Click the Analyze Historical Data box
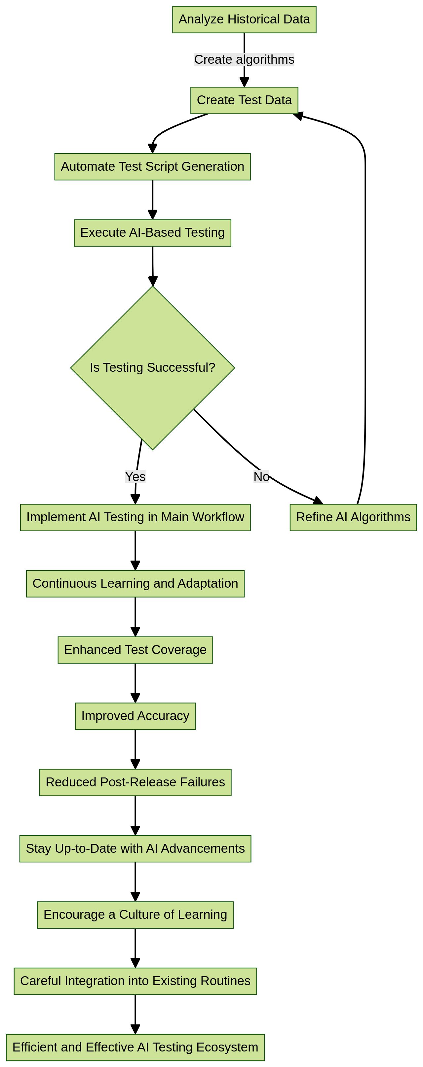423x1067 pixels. pyautogui.click(x=244, y=19)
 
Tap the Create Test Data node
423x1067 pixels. pyautogui.click(x=244, y=100)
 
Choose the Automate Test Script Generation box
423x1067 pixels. pyautogui.click(x=152, y=166)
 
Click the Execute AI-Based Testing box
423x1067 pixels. pyautogui.click(x=152, y=233)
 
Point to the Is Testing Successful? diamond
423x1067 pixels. pyautogui.click(x=152, y=367)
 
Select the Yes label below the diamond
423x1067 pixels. pyautogui.click(x=135, y=476)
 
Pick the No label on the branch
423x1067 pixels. pyautogui.click(x=261, y=476)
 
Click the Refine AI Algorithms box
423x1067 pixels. pyautogui.click(x=353, y=517)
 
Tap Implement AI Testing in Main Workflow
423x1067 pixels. pyautogui.click(x=135, y=517)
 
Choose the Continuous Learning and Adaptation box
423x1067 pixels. pyautogui.click(x=135, y=583)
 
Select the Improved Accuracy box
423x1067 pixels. pyautogui.click(x=135, y=716)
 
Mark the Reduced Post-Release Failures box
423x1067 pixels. pyautogui.click(x=135, y=782)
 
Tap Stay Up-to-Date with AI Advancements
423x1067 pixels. pyautogui.click(x=135, y=848)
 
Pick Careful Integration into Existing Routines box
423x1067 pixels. pyautogui.click(x=135, y=981)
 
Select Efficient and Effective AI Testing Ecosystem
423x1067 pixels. pyautogui.click(x=135, y=1047)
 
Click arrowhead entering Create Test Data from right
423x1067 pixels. pyautogui.click(x=298, y=116)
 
